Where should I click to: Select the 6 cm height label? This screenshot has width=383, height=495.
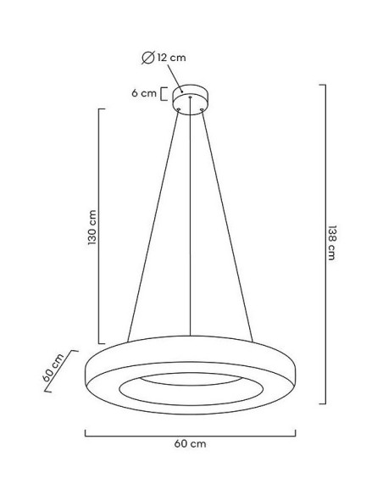coord(144,94)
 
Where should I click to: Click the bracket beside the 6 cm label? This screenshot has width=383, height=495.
coord(163,94)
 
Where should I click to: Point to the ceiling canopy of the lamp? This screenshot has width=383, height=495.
coord(191,96)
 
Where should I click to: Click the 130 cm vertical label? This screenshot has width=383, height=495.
coord(92,228)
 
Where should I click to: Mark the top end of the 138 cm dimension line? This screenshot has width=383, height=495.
coord(323,86)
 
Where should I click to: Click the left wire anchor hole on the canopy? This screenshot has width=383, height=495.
coord(179,107)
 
